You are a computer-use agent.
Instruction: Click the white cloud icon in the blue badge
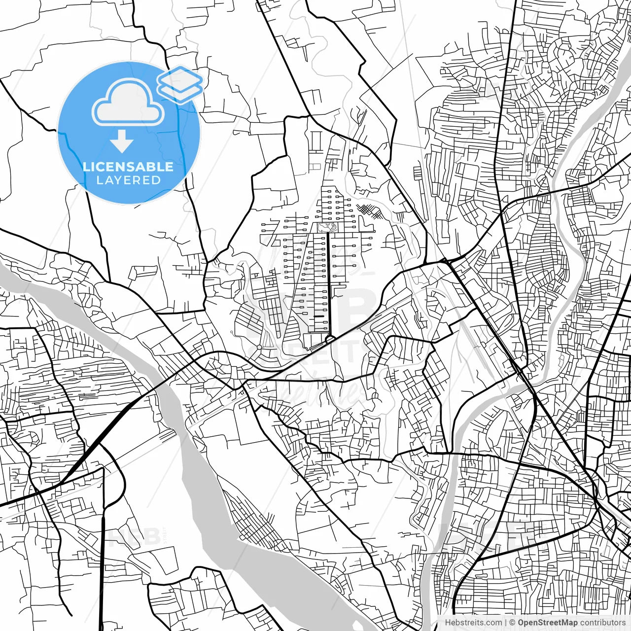128,104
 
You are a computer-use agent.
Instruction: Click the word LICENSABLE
128,167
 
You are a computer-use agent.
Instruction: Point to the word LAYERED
128,180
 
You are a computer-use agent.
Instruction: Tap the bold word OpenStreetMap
548,623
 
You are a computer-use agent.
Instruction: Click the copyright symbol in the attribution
512,623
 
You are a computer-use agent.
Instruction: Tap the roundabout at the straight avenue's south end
329,339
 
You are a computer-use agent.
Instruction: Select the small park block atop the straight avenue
328,227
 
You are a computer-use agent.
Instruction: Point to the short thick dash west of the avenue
319,316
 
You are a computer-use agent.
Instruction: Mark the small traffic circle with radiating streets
259,348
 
